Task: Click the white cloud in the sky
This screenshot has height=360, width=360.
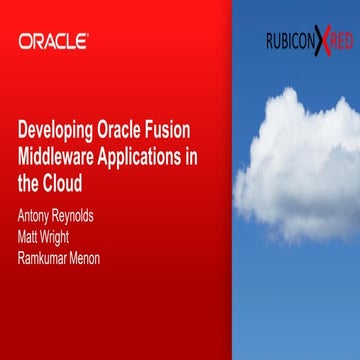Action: click(295, 165)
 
